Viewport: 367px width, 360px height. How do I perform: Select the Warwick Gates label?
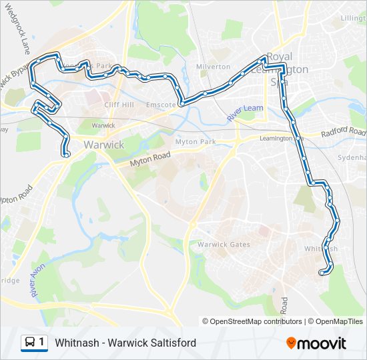224,244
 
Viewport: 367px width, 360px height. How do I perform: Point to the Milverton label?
213,67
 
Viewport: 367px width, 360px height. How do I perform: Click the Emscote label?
161,105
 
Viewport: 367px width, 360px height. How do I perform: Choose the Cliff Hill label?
119,105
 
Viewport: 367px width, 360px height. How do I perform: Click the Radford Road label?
343,131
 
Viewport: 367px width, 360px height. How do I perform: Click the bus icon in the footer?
30,343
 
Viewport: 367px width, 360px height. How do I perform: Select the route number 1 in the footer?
41,343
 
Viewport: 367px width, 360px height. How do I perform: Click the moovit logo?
316,343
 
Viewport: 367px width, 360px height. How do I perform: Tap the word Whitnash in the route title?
79,343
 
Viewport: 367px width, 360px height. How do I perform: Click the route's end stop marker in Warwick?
67,155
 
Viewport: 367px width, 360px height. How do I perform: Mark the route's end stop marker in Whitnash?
322,272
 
